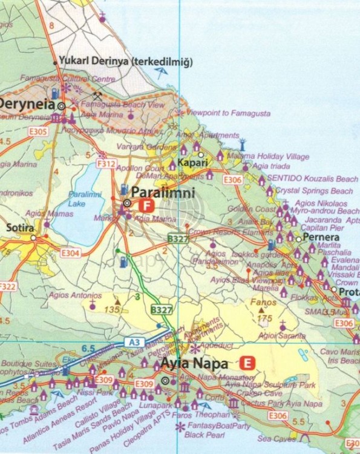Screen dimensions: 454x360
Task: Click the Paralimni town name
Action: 163,194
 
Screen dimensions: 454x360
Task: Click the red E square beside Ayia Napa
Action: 246,364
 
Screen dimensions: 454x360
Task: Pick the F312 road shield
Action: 105,163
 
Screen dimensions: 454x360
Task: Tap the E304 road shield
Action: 70,253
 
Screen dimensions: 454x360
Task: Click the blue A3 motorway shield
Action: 134,342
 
